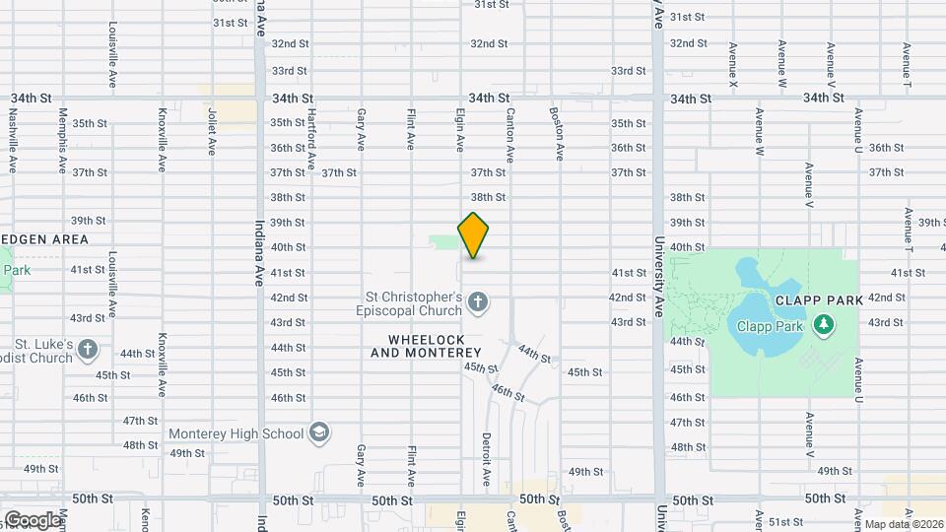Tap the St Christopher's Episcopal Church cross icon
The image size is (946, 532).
coord(478,302)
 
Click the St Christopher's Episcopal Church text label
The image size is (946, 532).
coord(414,303)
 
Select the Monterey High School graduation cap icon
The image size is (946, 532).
coord(319,432)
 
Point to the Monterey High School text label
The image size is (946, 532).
coord(236,433)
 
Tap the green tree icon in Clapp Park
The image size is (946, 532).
coord(824,324)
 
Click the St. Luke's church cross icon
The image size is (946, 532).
coord(87,350)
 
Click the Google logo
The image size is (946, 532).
coord(32,520)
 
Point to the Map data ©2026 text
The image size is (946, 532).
coord(903,524)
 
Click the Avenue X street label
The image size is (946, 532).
coord(733,65)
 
